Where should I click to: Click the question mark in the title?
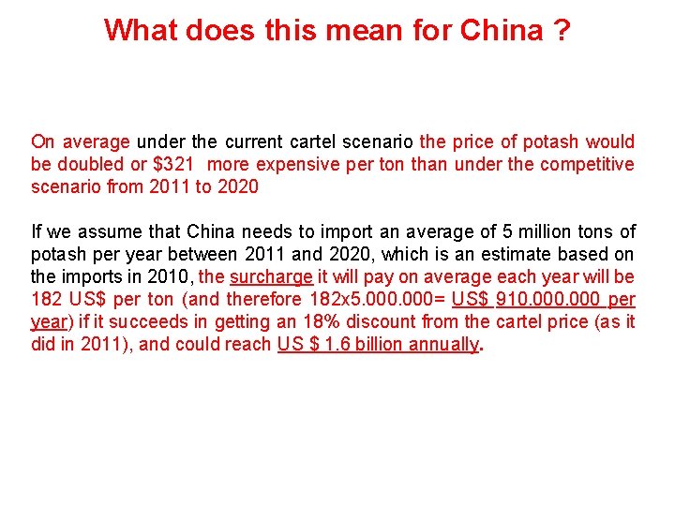coord(561,30)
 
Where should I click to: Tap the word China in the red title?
coord(502,30)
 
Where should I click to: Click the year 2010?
coord(170,276)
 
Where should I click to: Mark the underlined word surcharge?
coord(271,276)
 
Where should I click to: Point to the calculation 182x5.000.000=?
coord(374,299)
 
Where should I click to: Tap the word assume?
coord(94,231)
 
